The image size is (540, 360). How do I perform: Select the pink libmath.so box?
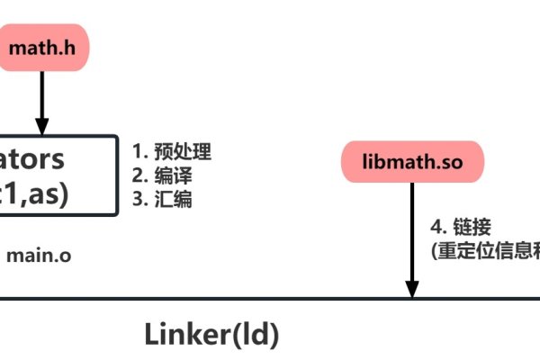412,163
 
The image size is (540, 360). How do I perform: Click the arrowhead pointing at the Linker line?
412,290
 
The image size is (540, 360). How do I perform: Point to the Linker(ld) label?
212,334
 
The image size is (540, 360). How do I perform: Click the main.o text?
39,255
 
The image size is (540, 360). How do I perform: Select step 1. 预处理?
171,150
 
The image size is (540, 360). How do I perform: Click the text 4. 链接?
461,226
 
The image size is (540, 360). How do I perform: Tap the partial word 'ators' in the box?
32,159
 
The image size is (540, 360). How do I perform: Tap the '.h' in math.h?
68,48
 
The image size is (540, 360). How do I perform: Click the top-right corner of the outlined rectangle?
117,137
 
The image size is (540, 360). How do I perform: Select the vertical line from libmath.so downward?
412,234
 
